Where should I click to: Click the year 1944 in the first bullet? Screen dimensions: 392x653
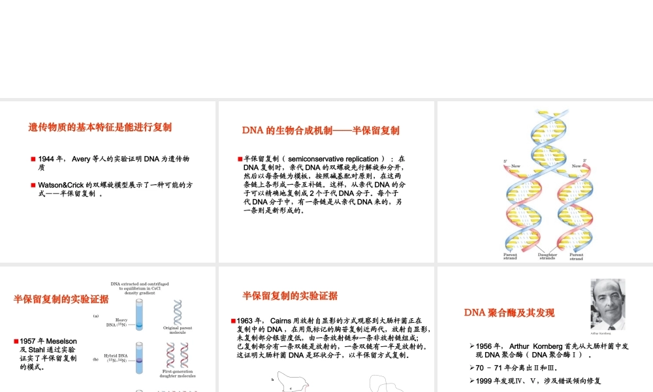tap(47, 159)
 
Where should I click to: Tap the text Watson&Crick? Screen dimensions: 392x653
tap(61, 185)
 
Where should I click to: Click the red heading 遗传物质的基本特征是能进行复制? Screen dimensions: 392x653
tap(100, 127)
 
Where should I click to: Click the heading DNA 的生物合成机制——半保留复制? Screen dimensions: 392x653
tap(321, 130)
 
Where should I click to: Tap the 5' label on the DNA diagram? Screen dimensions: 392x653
tap(505, 161)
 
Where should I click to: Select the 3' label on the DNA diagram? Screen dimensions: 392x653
tap(584, 161)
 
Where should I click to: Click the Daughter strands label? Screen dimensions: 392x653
tap(547, 256)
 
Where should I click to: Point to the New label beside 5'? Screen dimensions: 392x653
tap(515, 166)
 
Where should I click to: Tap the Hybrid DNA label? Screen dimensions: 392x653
tap(116, 358)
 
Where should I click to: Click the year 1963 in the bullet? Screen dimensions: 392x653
tap(248, 321)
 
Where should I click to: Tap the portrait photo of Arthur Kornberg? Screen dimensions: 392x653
tap(608, 304)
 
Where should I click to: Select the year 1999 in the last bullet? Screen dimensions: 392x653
tap(485, 380)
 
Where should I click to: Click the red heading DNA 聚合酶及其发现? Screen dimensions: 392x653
tap(509, 312)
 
